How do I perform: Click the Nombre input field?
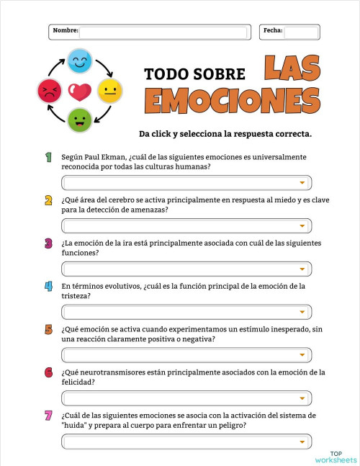165,32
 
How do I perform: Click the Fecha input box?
300,32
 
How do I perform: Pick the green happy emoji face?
78,120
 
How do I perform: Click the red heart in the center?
78,91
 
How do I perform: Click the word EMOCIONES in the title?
232,99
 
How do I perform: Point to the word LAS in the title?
291,68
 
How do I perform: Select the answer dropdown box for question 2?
186,226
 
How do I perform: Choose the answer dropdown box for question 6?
186,398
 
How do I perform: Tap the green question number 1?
48,157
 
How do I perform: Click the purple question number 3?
48,243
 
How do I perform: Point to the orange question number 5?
48,329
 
